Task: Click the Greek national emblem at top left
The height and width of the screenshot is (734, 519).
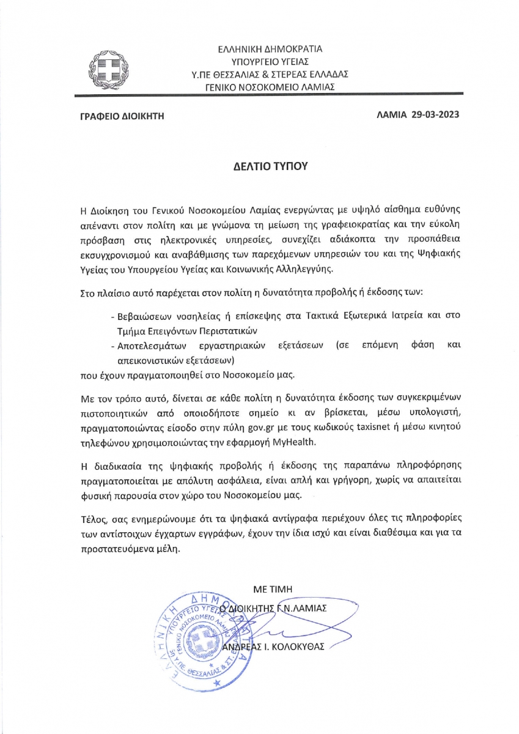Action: click(x=108, y=68)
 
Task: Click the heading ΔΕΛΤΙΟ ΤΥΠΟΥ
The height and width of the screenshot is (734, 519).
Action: click(x=259, y=166)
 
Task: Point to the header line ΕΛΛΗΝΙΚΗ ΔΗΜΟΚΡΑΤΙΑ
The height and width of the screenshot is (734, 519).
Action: click(x=270, y=48)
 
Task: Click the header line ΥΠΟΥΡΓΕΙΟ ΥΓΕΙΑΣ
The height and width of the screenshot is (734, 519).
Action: click(x=270, y=61)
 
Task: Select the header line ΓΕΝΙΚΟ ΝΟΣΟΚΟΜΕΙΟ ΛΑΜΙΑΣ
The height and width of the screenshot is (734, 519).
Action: click(x=270, y=87)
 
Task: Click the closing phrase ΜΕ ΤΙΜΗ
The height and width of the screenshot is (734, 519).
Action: click(x=273, y=588)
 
